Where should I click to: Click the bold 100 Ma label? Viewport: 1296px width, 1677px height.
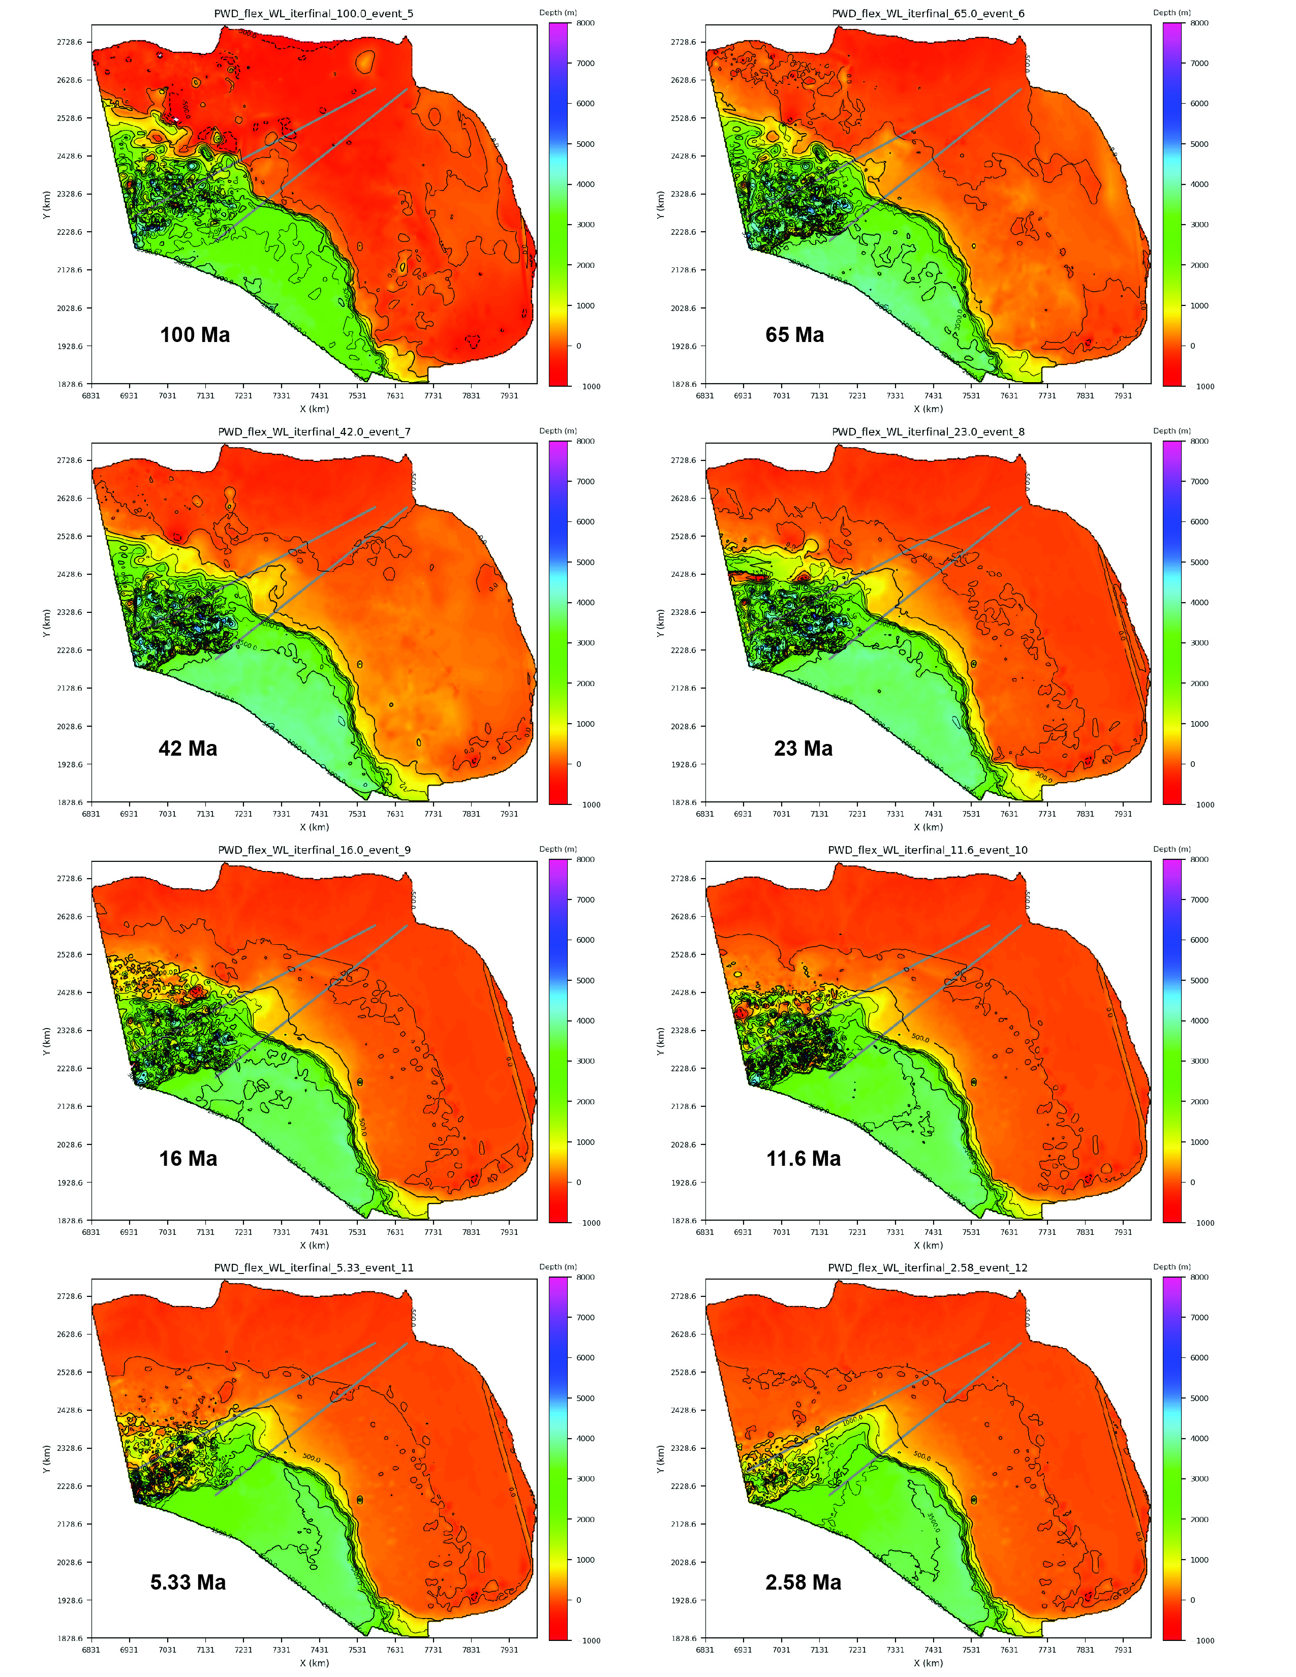(195, 335)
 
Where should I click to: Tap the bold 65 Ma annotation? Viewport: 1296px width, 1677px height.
(795, 335)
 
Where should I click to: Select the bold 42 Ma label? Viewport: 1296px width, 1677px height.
(188, 749)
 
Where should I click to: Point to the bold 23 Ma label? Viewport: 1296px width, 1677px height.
(803, 749)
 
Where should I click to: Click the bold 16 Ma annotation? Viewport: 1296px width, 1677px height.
(188, 1159)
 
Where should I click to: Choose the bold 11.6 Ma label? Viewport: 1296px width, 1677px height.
(803, 1159)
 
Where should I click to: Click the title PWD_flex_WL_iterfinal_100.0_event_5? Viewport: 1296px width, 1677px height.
(314, 14)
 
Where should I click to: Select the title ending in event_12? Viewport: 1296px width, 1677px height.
(928, 1268)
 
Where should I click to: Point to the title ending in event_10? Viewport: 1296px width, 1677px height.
(928, 850)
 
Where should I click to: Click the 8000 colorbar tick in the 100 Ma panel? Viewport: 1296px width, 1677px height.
(585, 23)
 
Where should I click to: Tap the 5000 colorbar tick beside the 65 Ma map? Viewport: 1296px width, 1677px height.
(1198, 144)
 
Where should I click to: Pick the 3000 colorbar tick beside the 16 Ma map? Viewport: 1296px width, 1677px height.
(585, 1061)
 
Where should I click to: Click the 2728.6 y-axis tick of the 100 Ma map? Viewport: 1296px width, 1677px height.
(69, 42)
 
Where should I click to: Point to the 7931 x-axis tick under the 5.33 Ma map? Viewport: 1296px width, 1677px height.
(509, 1650)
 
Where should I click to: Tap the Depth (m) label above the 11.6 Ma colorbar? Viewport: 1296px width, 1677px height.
(1171, 849)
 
